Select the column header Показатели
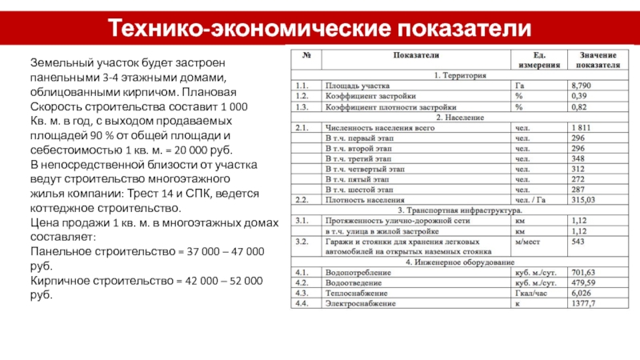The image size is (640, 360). pos(415,55)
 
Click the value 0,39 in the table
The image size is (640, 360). pos(578,95)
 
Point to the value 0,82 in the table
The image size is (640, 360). pos(578,106)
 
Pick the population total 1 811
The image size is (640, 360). pos(582,127)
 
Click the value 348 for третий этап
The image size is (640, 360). pos(578,158)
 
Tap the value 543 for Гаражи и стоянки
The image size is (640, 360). pos(578,241)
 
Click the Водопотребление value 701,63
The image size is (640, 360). pos(582,272)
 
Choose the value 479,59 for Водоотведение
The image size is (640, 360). pos(582,282)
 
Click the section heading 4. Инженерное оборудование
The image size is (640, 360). pos(460,262)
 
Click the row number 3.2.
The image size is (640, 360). pos(302,241)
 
